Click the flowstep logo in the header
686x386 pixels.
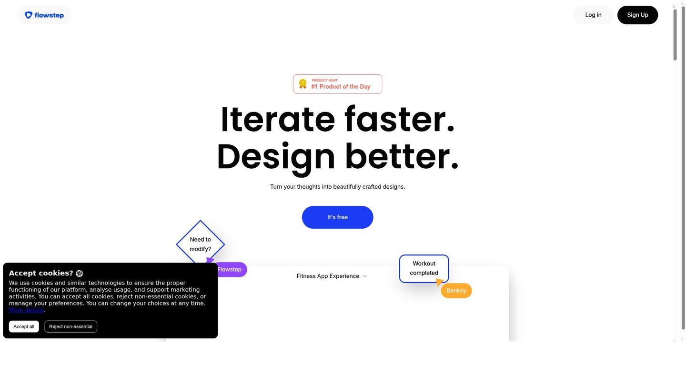(x=44, y=15)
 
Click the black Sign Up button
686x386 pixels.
(x=637, y=15)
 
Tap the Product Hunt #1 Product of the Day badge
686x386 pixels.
(x=337, y=84)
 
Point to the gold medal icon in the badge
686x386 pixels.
(x=303, y=84)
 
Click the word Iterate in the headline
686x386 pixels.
(x=278, y=119)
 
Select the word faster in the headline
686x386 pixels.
(x=399, y=119)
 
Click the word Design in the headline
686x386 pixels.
(x=276, y=156)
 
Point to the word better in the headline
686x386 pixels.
(x=402, y=156)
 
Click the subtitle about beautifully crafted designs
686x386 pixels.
(x=337, y=187)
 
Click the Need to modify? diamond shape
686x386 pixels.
(x=200, y=244)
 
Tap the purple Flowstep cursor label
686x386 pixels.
(x=230, y=270)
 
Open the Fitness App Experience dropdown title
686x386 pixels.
(x=328, y=276)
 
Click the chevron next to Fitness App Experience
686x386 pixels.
(x=365, y=276)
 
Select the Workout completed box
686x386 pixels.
(x=424, y=268)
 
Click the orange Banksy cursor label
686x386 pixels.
(x=456, y=291)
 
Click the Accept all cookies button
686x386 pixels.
(x=24, y=326)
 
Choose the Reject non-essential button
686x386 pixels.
(x=71, y=326)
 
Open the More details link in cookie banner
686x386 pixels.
(x=26, y=310)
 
